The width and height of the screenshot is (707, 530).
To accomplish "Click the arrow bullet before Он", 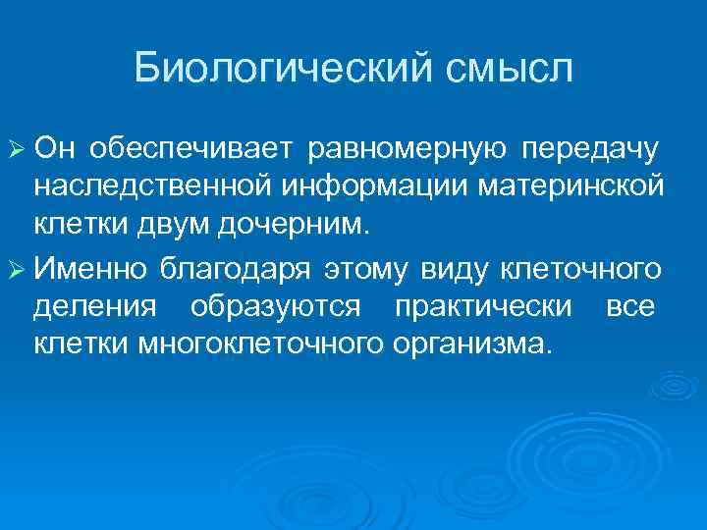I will pos(15,149).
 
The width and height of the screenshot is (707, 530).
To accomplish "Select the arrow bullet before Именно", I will pos(15,267).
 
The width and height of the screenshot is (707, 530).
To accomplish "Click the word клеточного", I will pos(578,267).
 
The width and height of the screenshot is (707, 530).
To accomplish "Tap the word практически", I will pos(483,306).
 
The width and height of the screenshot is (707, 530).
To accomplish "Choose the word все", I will pos(630,306).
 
